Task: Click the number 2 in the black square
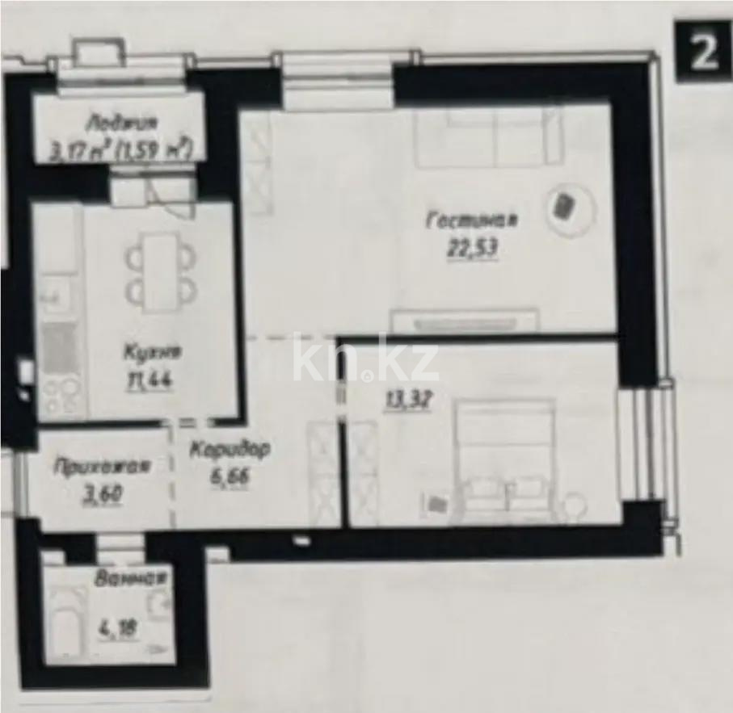[x=703, y=52]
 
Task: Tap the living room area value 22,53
[x=472, y=250]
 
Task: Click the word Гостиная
[x=473, y=220]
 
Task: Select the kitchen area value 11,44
[x=153, y=380]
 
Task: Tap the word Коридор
[x=230, y=451]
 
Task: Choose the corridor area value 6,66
[x=230, y=476]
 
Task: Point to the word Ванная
[x=130, y=578]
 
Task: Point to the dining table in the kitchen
[x=160, y=272]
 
